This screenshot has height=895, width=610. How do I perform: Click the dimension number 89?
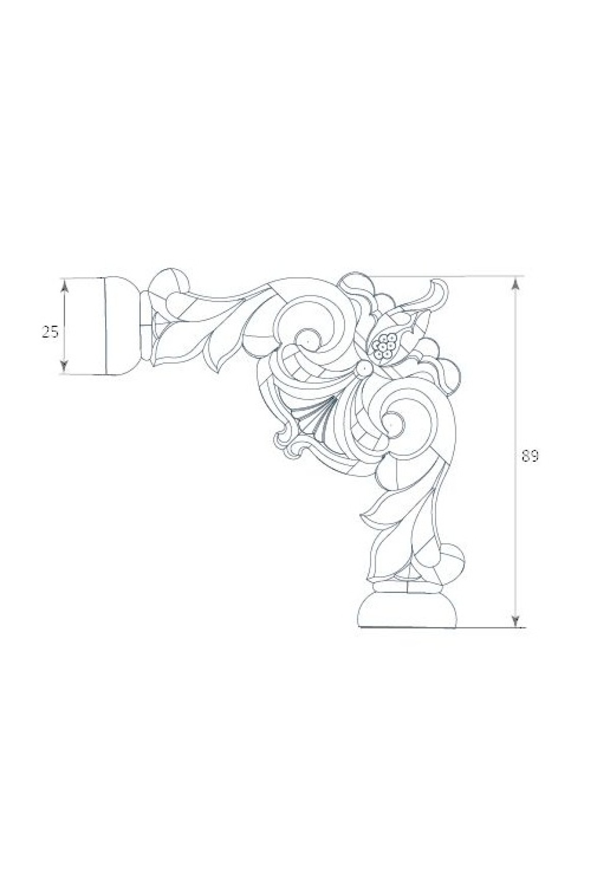click(530, 456)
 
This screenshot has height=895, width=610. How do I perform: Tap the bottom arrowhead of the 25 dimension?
click(64, 365)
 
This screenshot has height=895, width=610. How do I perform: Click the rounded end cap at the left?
click(121, 326)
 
